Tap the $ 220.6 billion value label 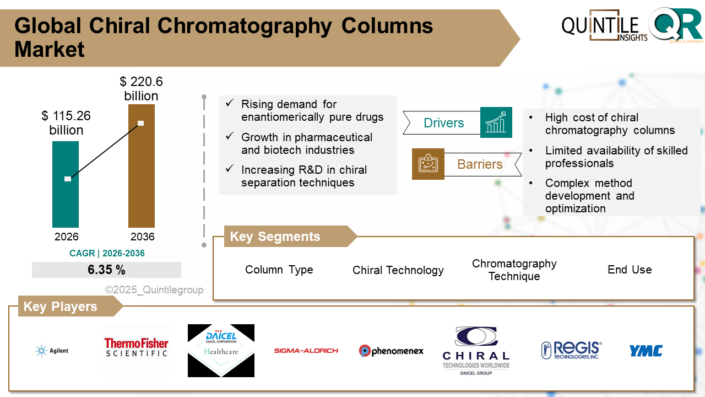click(x=141, y=89)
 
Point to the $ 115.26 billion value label click(x=66, y=123)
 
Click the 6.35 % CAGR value click(x=106, y=270)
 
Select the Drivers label click(x=443, y=123)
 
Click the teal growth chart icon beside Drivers click(x=496, y=122)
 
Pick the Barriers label click(x=480, y=164)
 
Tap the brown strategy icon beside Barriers click(x=428, y=164)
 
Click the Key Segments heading click(x=275, y=237)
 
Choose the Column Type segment click(x=279, y=270)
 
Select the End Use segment click(x=630, y=270)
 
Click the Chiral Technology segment click(x=398, y=270)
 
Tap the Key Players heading click(x=60, y=307)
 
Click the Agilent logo click(x=52, y=351)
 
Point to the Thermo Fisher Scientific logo click(x=136, y=347)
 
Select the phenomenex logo click(x=391, y=351)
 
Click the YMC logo click(x=646, y=351)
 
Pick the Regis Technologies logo click(x=571, y=350)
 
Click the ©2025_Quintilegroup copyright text click(x=154, y=290)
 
